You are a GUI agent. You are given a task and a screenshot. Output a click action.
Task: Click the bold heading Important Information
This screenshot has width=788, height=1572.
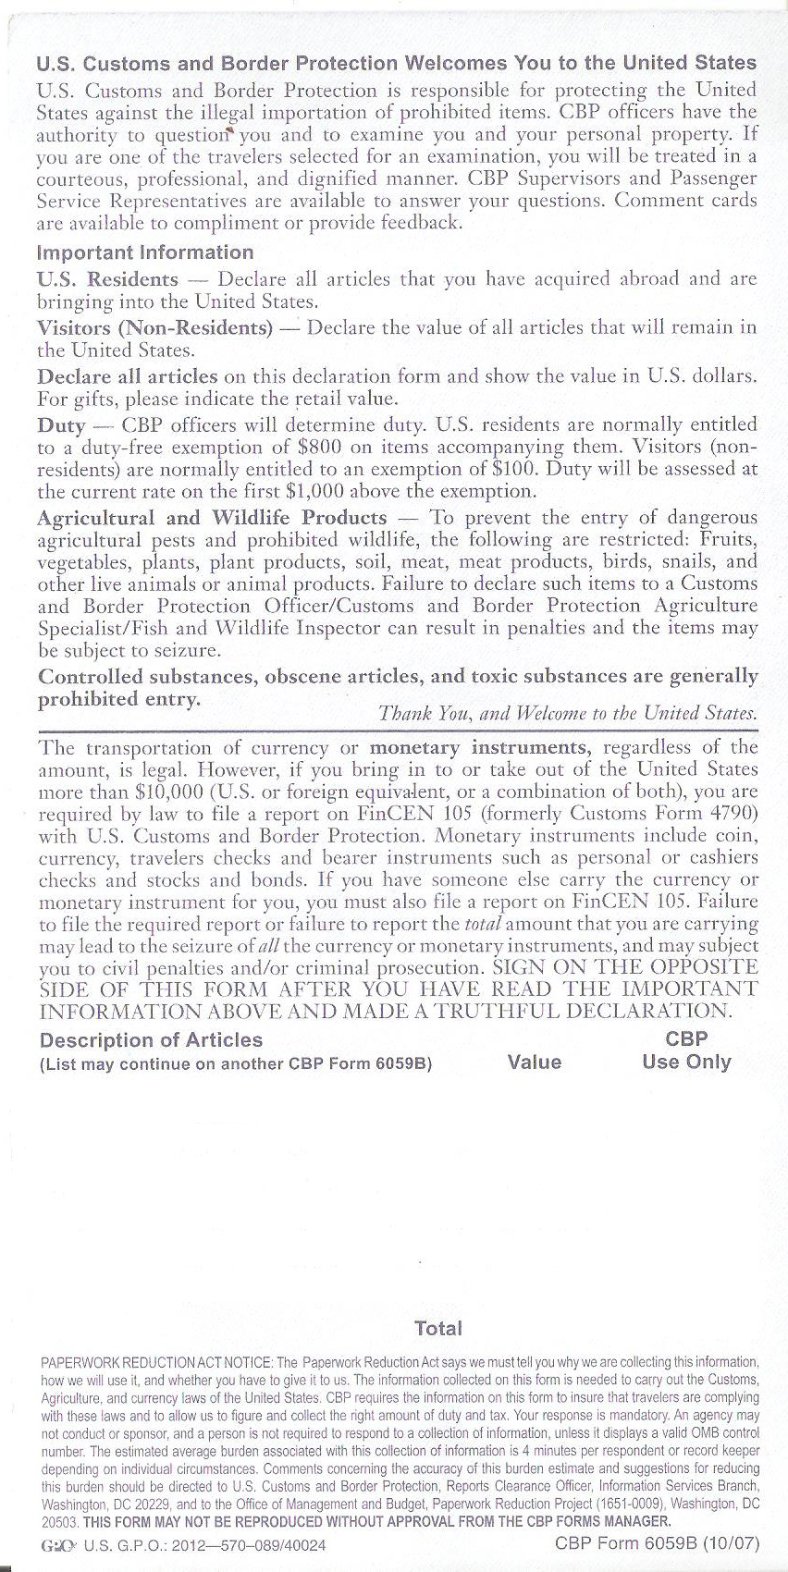click(x=145, y=252)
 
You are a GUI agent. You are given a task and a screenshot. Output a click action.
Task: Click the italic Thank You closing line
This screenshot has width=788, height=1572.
click(x=568, y=714)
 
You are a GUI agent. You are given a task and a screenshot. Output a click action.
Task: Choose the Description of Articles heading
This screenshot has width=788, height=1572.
click(x=151, y=1040)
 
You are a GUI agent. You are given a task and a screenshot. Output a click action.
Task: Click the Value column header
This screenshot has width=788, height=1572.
click(x=535, y=1062)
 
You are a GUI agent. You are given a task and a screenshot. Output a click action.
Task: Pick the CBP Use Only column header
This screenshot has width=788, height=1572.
click(x=686, y=1051)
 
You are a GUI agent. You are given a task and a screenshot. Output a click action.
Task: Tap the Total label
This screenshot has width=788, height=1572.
click(x=438, y=1328)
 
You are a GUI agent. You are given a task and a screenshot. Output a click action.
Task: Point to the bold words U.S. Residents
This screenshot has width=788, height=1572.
click(x=107, y=279)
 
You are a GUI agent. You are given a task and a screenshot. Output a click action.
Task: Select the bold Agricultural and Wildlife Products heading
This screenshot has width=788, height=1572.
click(x=213, y=517)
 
